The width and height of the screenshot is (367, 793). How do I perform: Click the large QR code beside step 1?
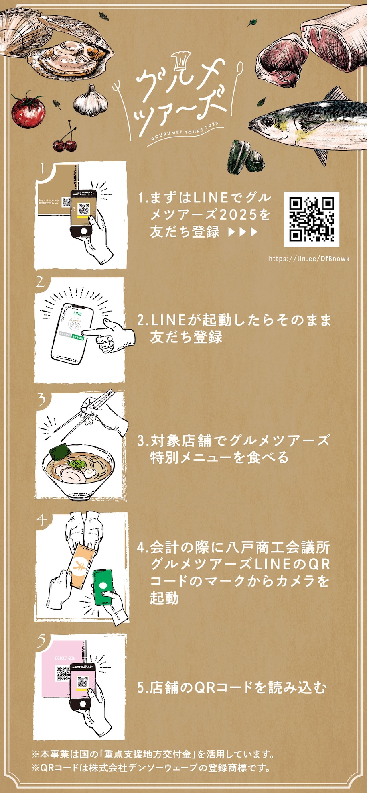pyautogui.click(x=312, y=219)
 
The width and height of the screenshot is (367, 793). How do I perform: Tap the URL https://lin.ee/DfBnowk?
pyautogui.click(x=309, y=259)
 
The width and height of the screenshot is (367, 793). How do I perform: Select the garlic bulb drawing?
pyautogui.click(x=91, y=101)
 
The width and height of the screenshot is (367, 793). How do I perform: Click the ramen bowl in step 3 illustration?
pyautogui.click(x=75, y=472)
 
